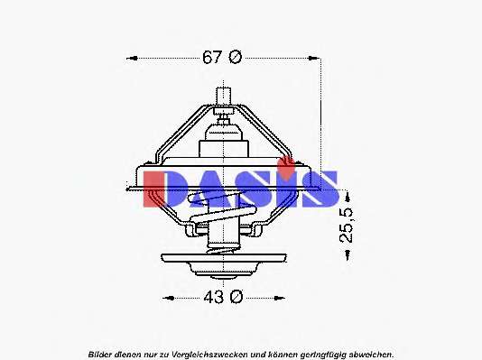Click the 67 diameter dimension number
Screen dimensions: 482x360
coord(212,57)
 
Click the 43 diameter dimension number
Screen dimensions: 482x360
coord(213,298)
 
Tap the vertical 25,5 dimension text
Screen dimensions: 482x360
coord(347,226)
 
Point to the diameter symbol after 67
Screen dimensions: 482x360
coord(236,57)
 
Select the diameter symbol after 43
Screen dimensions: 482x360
coord(236,298)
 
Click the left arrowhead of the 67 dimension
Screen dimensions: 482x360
coord(132,58)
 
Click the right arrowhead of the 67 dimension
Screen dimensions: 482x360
coord(314,58)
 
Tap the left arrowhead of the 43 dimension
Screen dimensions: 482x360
coord(168,298)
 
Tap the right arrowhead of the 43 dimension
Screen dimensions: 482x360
coord(279,298)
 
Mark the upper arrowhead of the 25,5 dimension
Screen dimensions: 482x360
coord(348,197)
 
